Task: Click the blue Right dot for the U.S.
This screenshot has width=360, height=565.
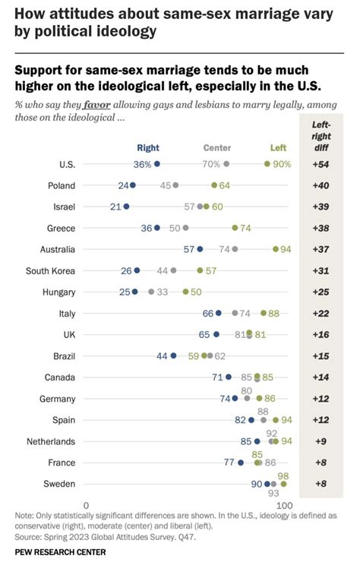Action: coord(157,163)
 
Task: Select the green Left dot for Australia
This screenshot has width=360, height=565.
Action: coord(275,248)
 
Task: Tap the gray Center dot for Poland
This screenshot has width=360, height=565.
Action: coord(175,185)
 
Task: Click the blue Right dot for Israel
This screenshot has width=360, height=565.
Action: coord(126,206)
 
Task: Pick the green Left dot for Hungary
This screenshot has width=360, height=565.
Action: coord(185,292)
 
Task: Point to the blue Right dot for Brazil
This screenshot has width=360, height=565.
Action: coord(173,355)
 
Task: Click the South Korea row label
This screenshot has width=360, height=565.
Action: coord(50,270)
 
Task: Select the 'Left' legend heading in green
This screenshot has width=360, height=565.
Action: coord(279,148)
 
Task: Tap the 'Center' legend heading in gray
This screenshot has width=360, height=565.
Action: coord(217,148)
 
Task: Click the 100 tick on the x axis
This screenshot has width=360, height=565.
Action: coord(284,505)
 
